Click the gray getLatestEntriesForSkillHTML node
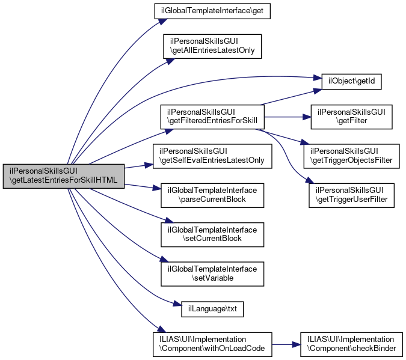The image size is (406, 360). click(x=63, y=176)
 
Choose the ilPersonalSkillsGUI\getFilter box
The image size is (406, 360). click(x=351, y=117)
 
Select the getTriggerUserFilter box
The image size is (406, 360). click(x=351, y=194)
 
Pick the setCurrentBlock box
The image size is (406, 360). click(x=212, y=234)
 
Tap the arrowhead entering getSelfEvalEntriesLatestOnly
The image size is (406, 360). click(x=150, y=164)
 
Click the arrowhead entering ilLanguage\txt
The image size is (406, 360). click(x=177, y=307)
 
